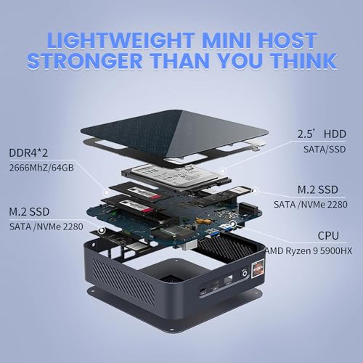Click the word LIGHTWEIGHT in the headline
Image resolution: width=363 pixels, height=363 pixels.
point(121,40)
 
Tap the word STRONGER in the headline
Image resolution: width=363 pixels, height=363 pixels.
point(85,60)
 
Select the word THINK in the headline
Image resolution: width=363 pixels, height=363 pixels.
point(303,60)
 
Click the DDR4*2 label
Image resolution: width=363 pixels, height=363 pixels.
point(28,153)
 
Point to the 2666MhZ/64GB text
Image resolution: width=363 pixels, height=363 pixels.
point(41,168)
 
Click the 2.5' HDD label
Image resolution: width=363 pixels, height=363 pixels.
point(322,134)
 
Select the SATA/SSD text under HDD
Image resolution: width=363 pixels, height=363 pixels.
point(325,150)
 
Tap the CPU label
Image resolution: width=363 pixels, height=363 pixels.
point(328,236)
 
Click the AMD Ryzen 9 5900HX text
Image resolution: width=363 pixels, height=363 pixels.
point(309,251)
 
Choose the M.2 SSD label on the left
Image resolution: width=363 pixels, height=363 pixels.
point(29,212)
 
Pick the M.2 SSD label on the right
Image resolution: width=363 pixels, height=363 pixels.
point(318,189)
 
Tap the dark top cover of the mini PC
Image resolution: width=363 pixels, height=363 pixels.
point(174,136)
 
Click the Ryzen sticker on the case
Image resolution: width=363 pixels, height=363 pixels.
point(258,269)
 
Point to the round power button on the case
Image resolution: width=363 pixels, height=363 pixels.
point(245,274)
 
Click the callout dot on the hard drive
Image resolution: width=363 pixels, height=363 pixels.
point(223,171)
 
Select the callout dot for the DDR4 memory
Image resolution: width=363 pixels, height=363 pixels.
point(106,192)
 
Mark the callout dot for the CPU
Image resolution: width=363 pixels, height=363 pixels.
point(232,223)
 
